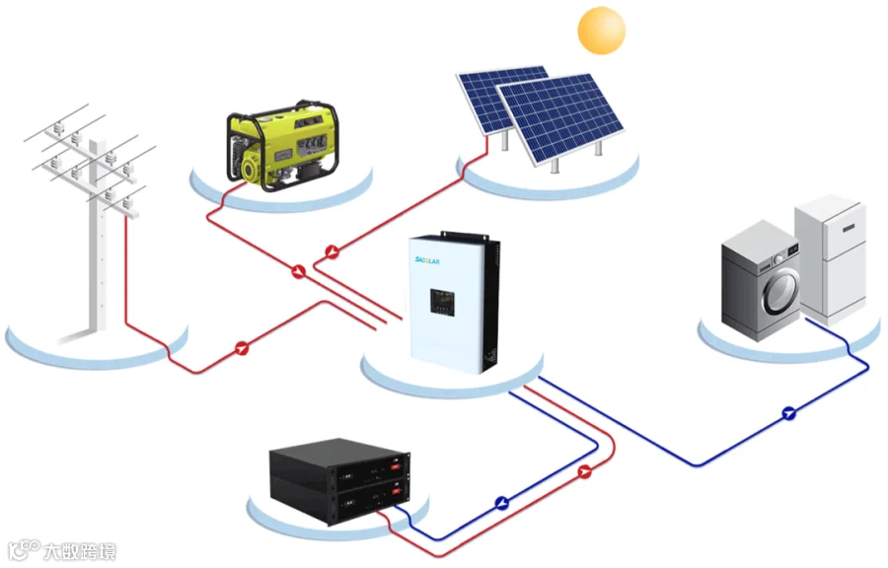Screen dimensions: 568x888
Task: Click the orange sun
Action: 601,30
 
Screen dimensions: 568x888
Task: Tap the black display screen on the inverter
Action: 441,302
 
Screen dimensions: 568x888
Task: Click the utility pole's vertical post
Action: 97,247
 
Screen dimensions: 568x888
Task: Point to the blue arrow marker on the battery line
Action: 501,502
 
